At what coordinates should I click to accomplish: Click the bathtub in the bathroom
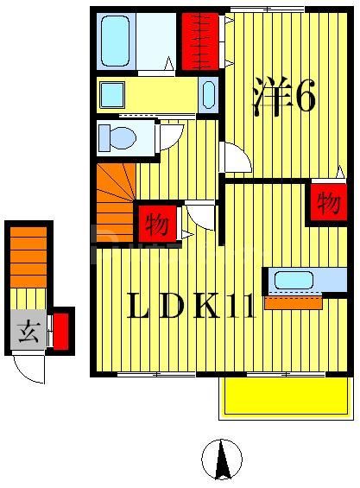pyautogui.click(x=118, y=41)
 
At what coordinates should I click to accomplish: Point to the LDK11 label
pyautogui.click(x=191, y=307)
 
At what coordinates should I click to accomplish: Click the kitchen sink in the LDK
pyautogui.click(x=294, y=281)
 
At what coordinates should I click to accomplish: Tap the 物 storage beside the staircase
pyautogui.click(x=156, y=224)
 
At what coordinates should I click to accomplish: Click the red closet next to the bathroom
pyautogui.click(x=199, y=41)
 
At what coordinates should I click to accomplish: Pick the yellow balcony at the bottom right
pyautogui.click(x=285, y=397)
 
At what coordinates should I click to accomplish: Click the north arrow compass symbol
pyautogui.click(x=222, y=458)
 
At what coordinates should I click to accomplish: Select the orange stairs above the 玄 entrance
pyautogui.click(x=28, y=256)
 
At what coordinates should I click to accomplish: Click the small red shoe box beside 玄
pyautogui.click(x=60, y=332)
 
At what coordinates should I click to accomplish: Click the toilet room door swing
pyautogui.click(x=172, y=136)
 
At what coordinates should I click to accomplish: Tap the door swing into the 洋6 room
pyautogui.click(x=235, y=158)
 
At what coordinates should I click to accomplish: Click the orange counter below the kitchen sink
pyautogui.click(x=293, y=302)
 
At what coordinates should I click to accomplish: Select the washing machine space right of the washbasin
pyautogui.click(x=209, y=95)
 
